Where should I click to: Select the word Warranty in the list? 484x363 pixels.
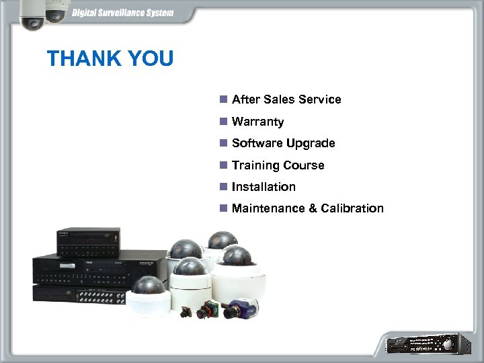tap(257, 122)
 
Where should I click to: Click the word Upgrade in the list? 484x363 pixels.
tap(310, 143)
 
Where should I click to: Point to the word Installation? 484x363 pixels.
tap(264, 186)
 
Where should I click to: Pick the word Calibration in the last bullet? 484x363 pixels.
tap(352, 208)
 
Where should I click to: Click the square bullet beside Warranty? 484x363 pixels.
tap(223, 122)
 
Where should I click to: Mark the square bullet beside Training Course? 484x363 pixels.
tap(223, 165)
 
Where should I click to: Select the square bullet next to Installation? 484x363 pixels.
tap(223, 186)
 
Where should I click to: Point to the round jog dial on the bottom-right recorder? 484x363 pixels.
tap(444, 344)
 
